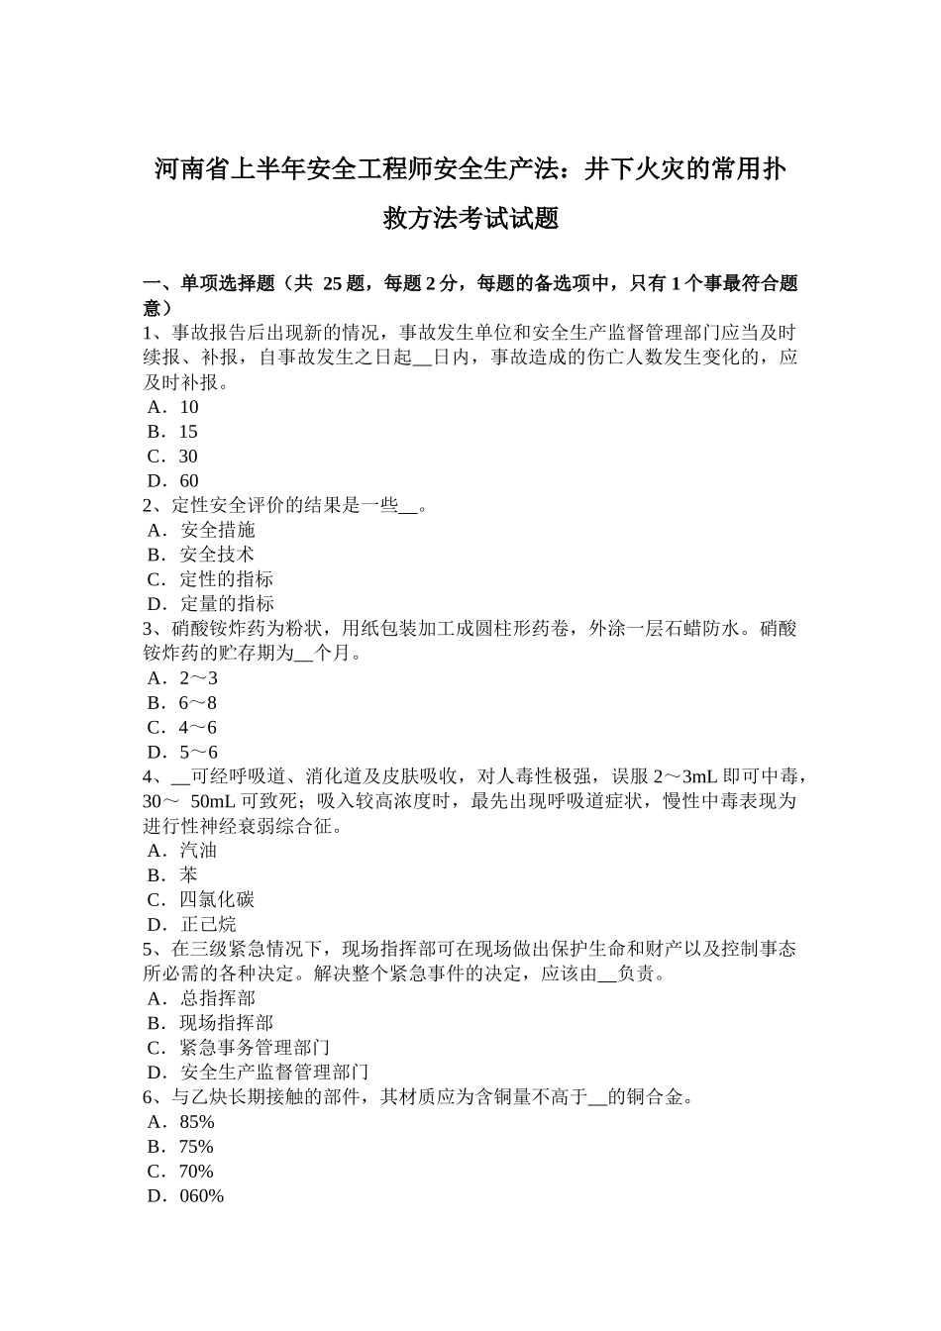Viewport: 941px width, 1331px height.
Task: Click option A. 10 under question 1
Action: pyautogui.click(x=173, y=407)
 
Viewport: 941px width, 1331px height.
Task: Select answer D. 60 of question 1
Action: pyautogui.click(x=173, y=481)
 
